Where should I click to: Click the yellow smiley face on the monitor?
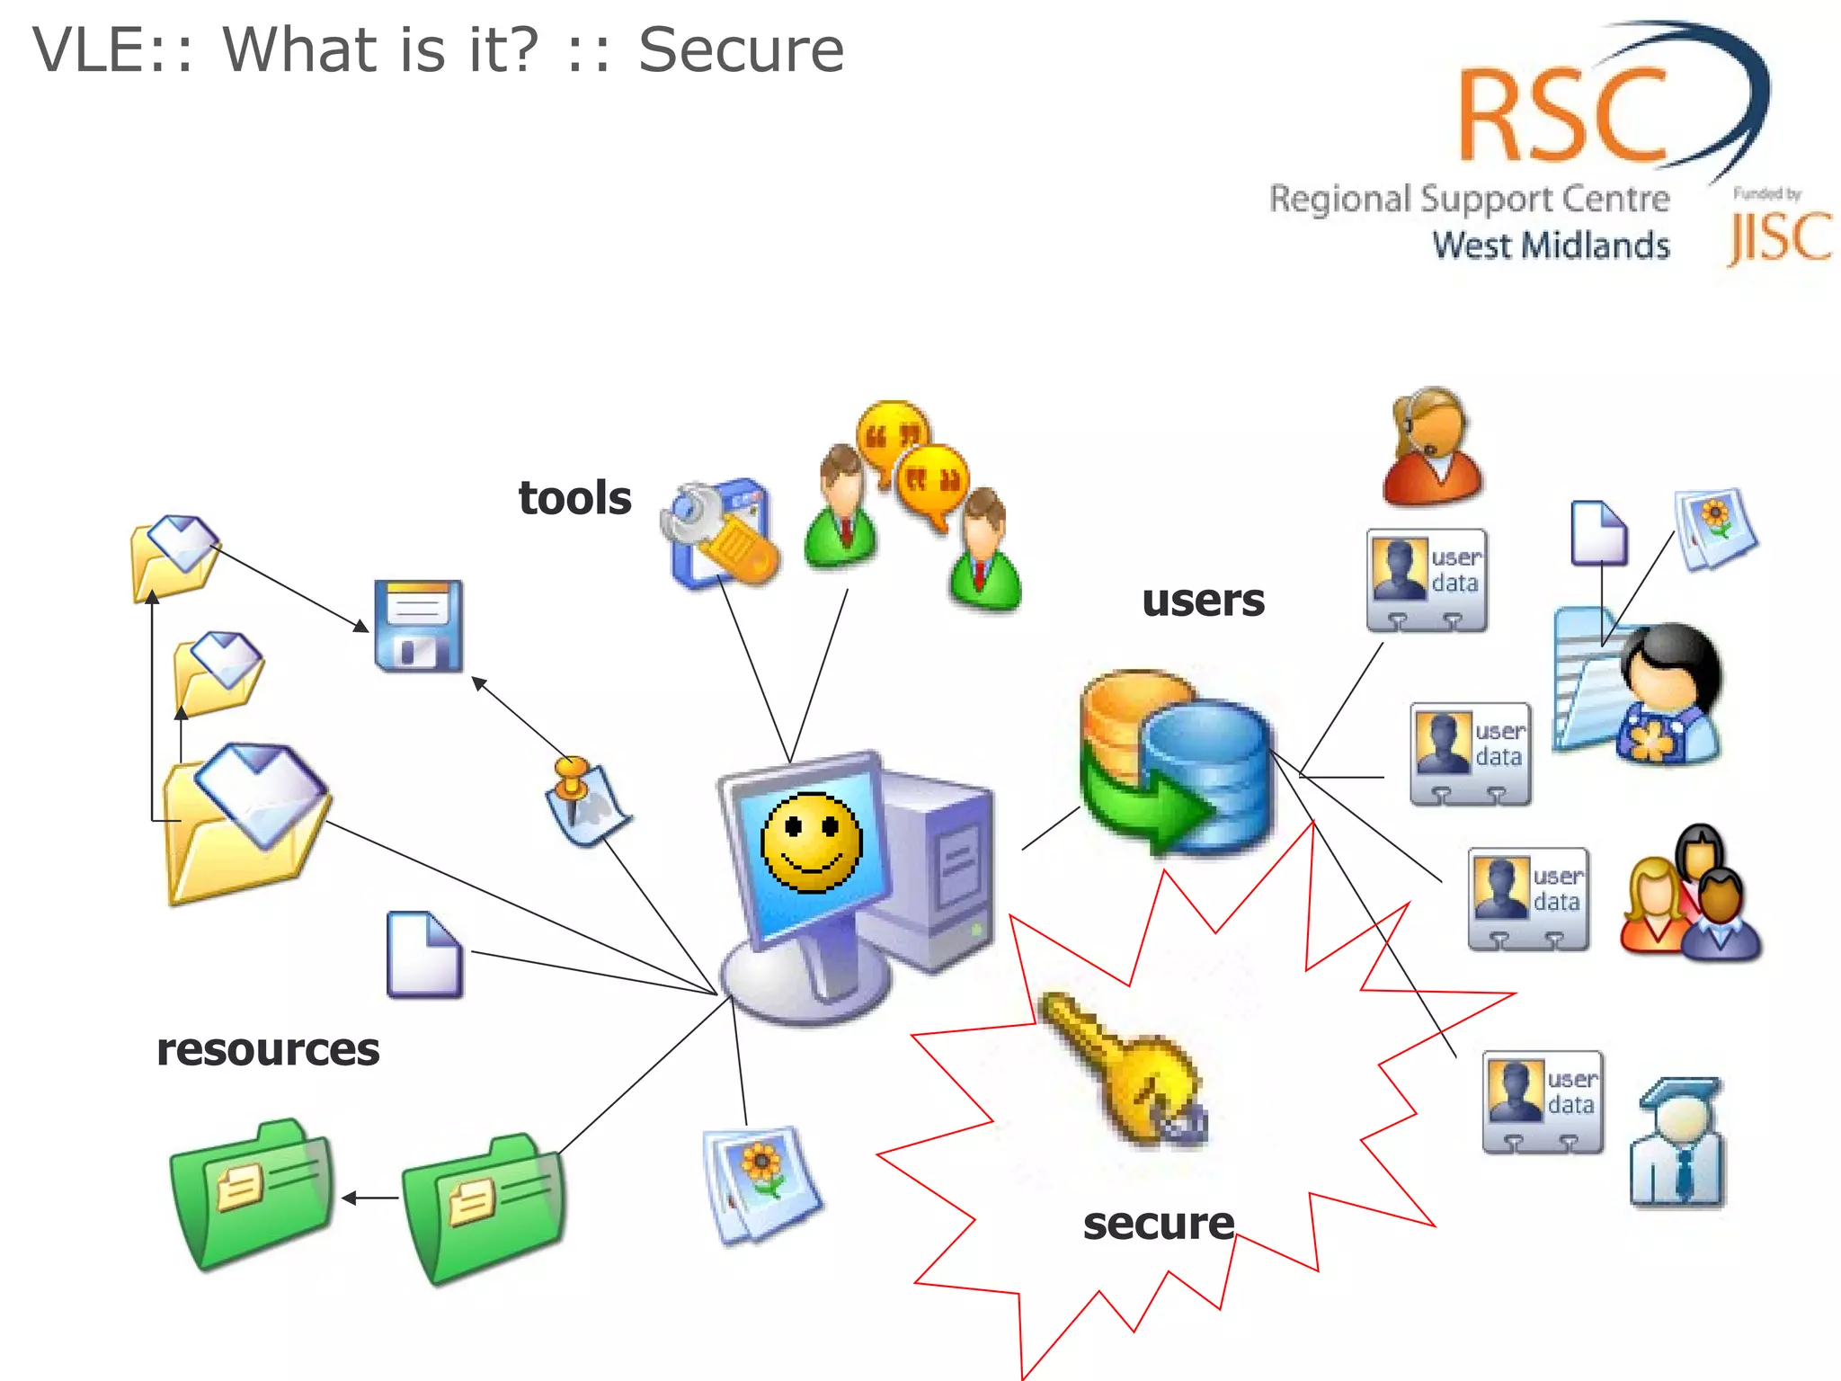tap(811, 842)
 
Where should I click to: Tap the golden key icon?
tap(1124, 1070)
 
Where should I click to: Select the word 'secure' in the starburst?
tap(1158, 1224)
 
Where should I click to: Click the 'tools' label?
tap(574, 498)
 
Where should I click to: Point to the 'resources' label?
tap(268, 1049)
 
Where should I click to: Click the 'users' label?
tap(1202, 601)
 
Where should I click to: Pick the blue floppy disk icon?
tap(419, 626)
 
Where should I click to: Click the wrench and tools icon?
tap(719, 534)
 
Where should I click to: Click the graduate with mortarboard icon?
tap(1677, 1142)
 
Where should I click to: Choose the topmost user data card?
tap(1426, 580)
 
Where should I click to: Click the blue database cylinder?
tap(1209, 773)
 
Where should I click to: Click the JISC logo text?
tap(1780, 237)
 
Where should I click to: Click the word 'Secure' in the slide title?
tap(741, 50)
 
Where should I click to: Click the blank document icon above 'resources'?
tap(424, 955)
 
